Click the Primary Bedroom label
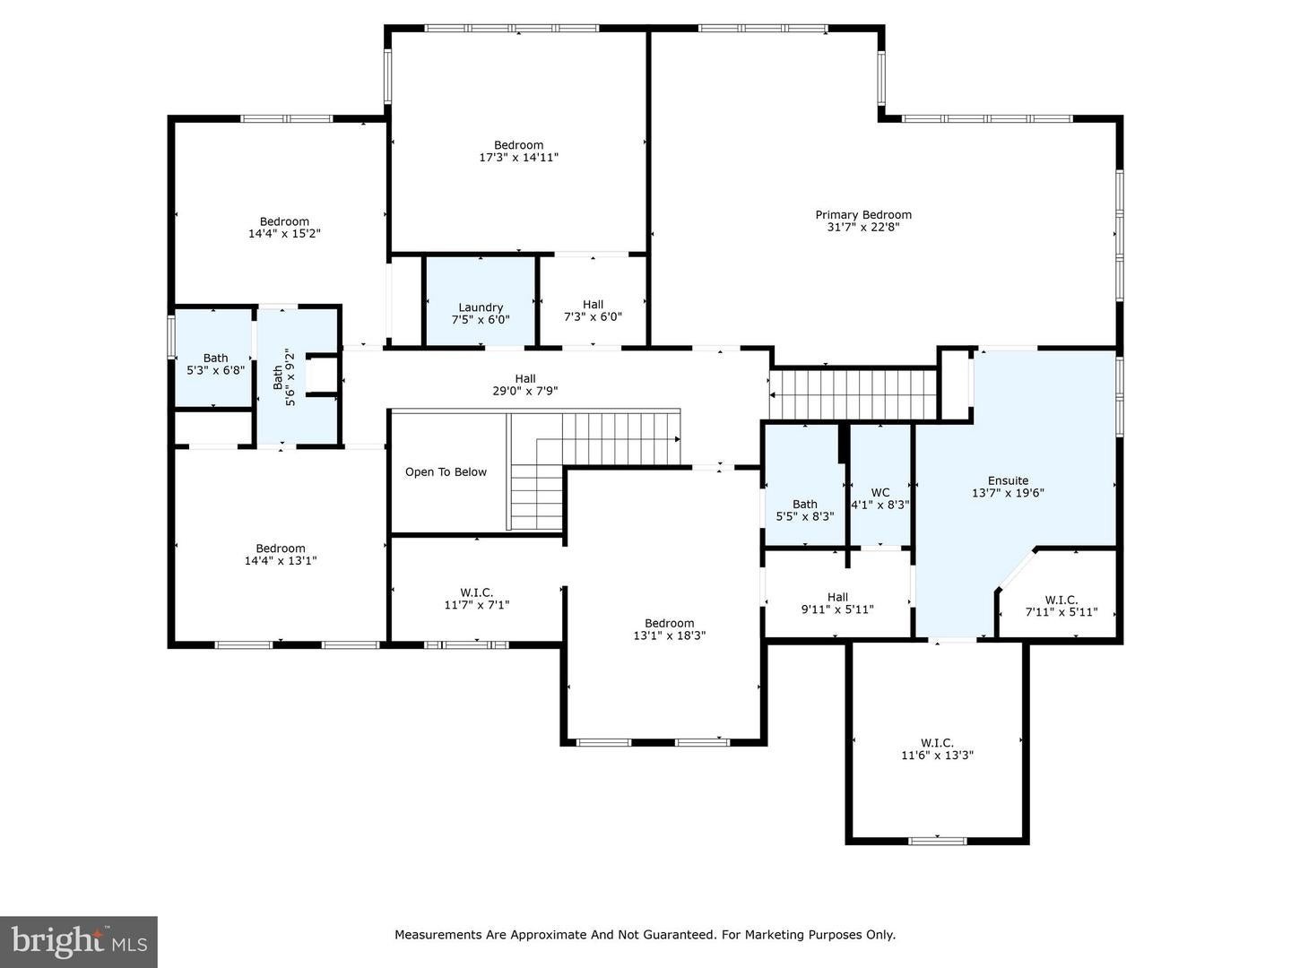pyautogui.click(x=862, y=215)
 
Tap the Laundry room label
pyautogui.click(x=481, y=307)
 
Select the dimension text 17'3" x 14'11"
pyautogui.click(x=518, y=158)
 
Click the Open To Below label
pyautogui.click(x=446, y=472)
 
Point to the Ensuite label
pyautogui.click(x=1008, y=481)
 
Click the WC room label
pyautogui.click(x=880, y=493)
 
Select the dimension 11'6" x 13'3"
pyautogui.click(x=937, y=756)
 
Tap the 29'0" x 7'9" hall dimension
pyautogui.click(x=524, y=391)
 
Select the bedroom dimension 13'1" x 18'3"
pyautogui.click(x=669, y=635)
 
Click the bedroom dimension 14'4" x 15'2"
pyautogui.click(x=284, y=234)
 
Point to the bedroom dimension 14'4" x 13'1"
pyautogui.click(x=281, y=561)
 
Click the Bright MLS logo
pyautogui.click(x=79, y=941)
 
